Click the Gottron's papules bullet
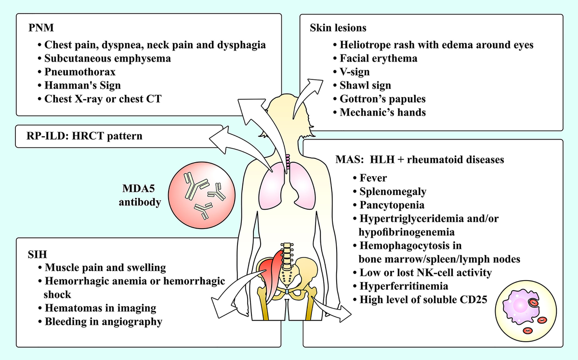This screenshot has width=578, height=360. pos(381,99)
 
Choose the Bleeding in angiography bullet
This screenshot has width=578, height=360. pos(103,321)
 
